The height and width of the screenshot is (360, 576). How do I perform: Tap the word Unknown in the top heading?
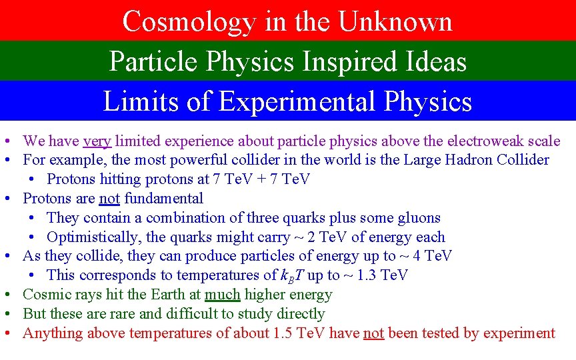click(396, 21)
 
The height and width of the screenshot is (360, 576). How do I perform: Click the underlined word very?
click(97, 141)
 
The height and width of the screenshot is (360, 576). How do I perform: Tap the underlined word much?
click(222, 294)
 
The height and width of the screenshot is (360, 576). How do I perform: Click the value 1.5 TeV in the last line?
click(304, 333)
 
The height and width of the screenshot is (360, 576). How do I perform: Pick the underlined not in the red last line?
click(373, 333)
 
